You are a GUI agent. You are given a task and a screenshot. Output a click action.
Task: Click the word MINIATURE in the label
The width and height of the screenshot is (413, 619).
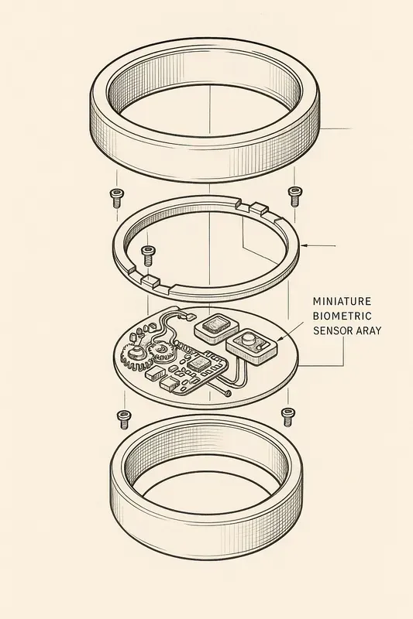[342, 299]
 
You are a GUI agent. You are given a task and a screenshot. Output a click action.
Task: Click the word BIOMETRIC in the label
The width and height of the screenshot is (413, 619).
[342, 315]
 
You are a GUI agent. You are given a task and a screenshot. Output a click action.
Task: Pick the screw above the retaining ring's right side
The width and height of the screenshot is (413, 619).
[294, 195]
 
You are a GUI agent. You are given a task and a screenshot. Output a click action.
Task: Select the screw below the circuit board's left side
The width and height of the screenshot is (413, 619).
[123, 419]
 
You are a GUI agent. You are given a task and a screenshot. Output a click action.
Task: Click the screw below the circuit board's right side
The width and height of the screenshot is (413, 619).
[287, 416]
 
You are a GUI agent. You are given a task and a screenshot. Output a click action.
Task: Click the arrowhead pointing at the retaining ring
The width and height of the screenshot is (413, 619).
[305, 245]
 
